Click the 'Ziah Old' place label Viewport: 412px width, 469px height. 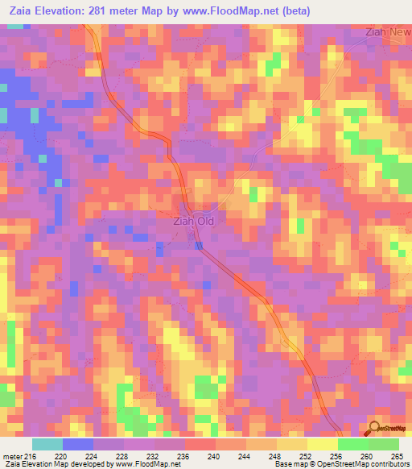click(x=195, y=218)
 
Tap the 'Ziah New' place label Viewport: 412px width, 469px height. click(x=387, y=31)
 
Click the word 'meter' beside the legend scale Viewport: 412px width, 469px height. click(x=12, y=455)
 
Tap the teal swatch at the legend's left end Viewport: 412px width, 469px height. click(x=47, y=444)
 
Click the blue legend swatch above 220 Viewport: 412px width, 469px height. click(x=78, y=444)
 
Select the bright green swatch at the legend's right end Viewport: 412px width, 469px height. click(x=383, y=444)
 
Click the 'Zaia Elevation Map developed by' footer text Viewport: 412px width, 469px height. click(x=60, y=464)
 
